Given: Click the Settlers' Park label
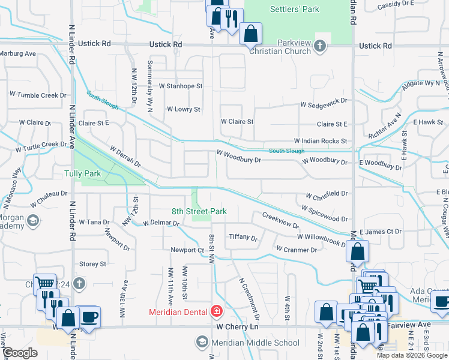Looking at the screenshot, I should click(295, 9).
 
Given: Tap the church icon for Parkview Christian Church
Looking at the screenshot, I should click(321, 46).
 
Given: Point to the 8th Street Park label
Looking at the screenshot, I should click(199, 211).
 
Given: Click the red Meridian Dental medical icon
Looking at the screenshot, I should click(216, 311).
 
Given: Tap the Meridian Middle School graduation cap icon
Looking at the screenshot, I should click(202, 343).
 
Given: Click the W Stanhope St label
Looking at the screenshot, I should click(180, 86).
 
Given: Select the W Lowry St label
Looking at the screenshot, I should click(183, 109).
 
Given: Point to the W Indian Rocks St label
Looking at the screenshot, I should click(321, 141).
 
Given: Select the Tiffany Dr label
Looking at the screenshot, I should click(243, 237).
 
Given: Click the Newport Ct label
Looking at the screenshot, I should click(187, 250).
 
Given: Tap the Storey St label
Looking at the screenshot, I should click(92, 263).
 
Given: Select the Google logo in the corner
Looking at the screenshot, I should click(21, 353).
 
